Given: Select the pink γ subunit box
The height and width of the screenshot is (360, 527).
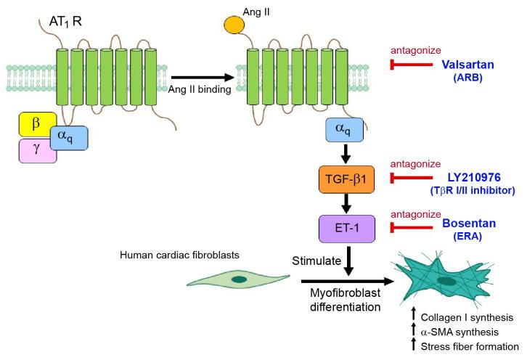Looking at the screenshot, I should pyautogui.click(x=36, y=151).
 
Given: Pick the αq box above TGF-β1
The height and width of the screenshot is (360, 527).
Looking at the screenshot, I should pyautogui.click(x=347, y=130).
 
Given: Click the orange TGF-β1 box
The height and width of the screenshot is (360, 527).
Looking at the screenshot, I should pyautogui.click(x=347, y=179).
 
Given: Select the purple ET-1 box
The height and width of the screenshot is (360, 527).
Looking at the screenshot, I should pyautogui.click(x=347, y=228).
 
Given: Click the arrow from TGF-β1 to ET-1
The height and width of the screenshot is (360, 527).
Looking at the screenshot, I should pyautogui.click(x=347, y=203).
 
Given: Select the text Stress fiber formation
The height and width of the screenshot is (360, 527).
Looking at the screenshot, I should pyautogui.click(x=470, y=346).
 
